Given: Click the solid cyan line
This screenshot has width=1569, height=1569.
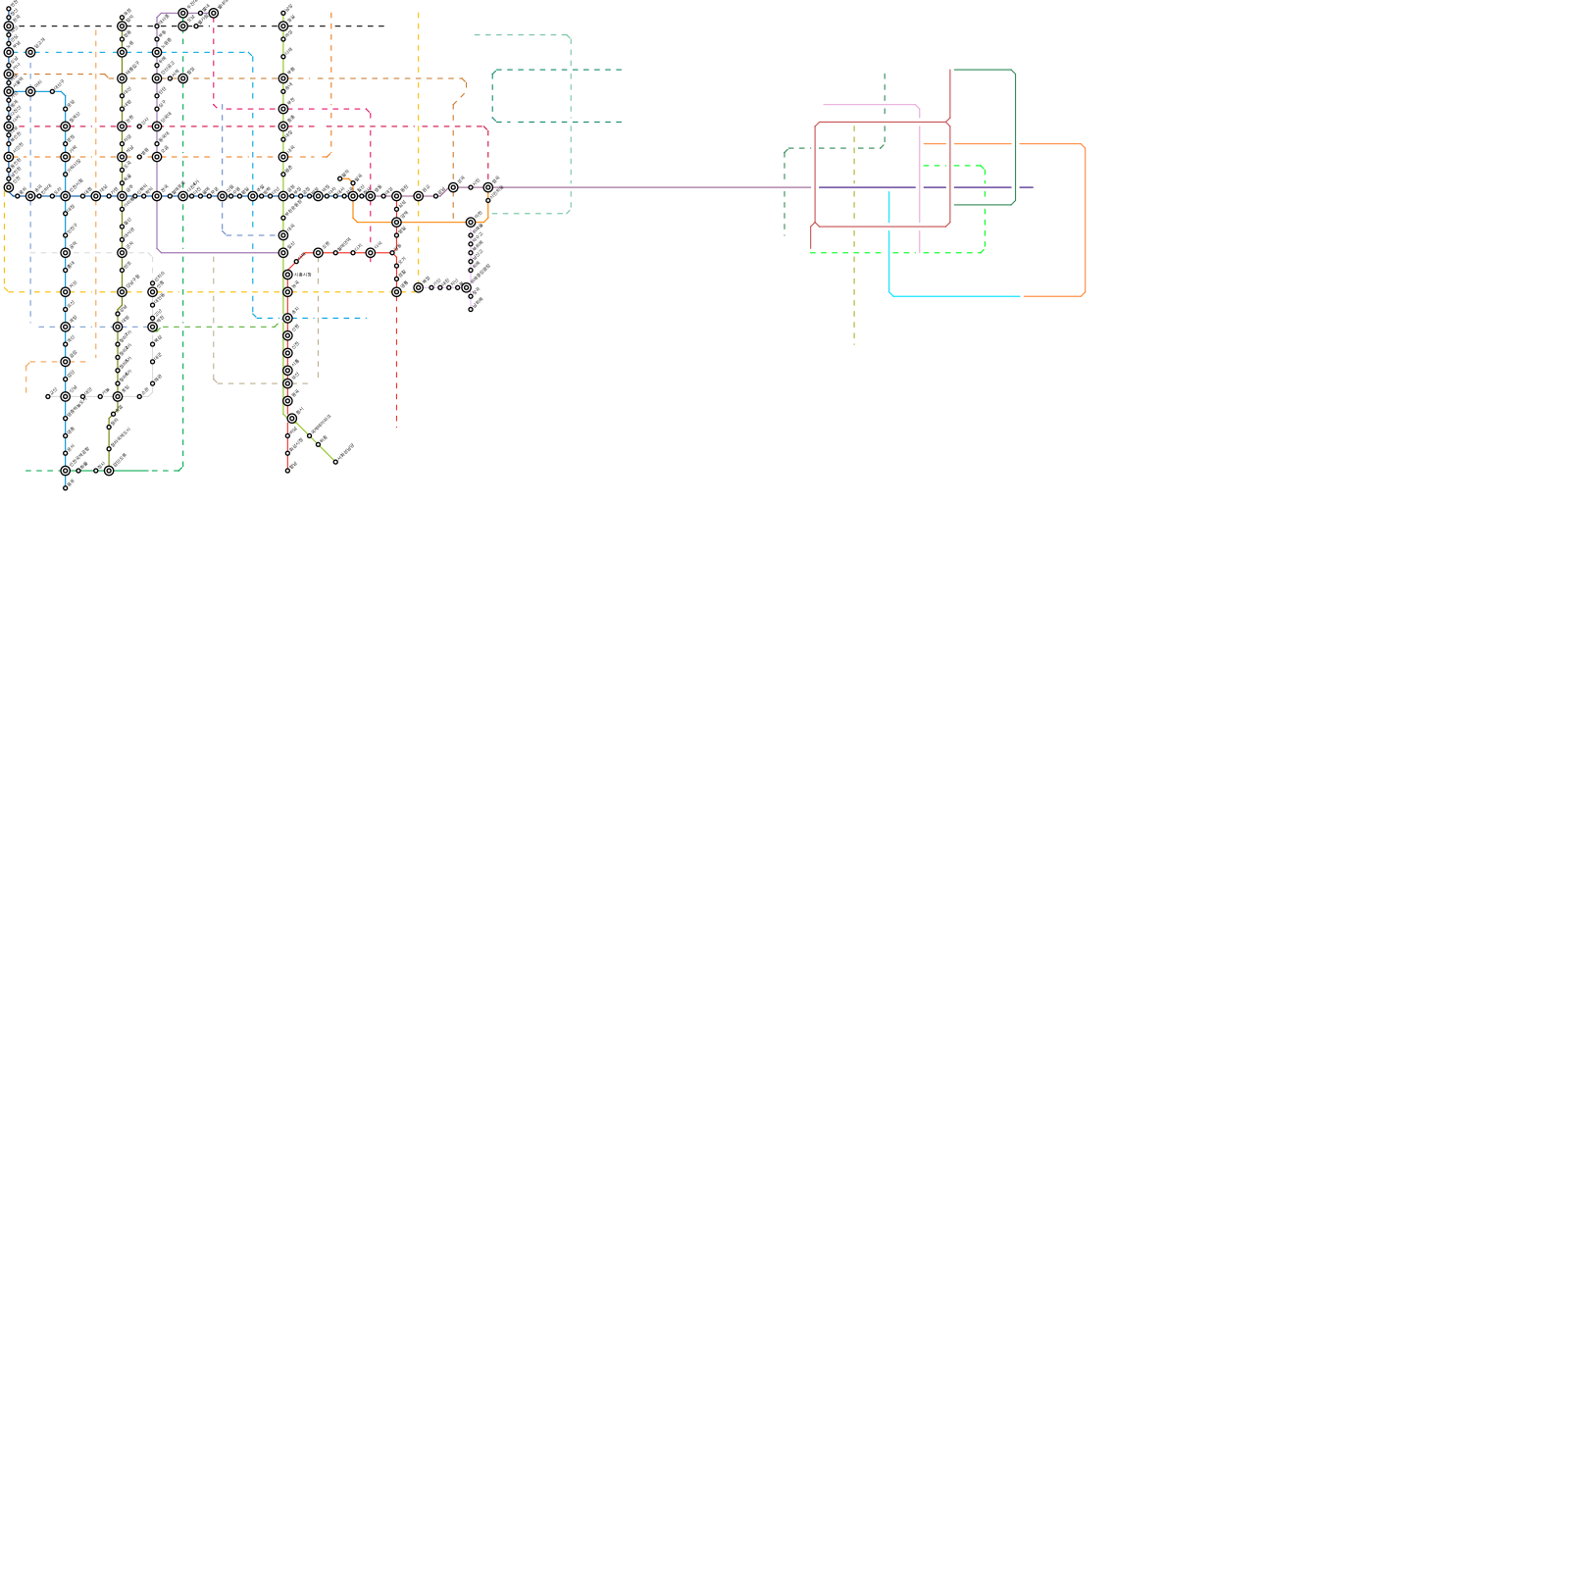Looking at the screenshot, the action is pyautogui.click(x=951, y=295).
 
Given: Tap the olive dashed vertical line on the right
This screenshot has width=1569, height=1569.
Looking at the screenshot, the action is pyautogui.click(x=854, y=294).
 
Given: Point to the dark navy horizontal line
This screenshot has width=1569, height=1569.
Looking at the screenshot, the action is pyautogui.click(x=863, y=187).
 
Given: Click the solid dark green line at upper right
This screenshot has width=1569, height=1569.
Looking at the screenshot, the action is pyautogui.click(x=1015, y=137).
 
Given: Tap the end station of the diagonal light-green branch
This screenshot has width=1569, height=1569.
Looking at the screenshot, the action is pyautogui.click(x=335, y=462).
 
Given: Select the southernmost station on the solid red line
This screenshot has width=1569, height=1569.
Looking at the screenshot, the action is pyautogui.click(x=287, y=471).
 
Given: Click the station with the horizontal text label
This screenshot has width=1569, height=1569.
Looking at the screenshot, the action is pyautogui.click(x=288, y=275).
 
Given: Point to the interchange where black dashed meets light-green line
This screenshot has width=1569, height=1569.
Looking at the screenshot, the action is pyautogui.click(x=283, y=26).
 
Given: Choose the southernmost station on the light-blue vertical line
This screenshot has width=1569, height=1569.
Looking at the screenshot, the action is pyautogui.click(x=66, y=487).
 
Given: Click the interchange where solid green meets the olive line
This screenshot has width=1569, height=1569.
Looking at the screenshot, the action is pyautogui.click(x=109, y=471).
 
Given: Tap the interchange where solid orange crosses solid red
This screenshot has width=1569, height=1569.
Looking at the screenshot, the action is pyautogui.click(x=396, y=223).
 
